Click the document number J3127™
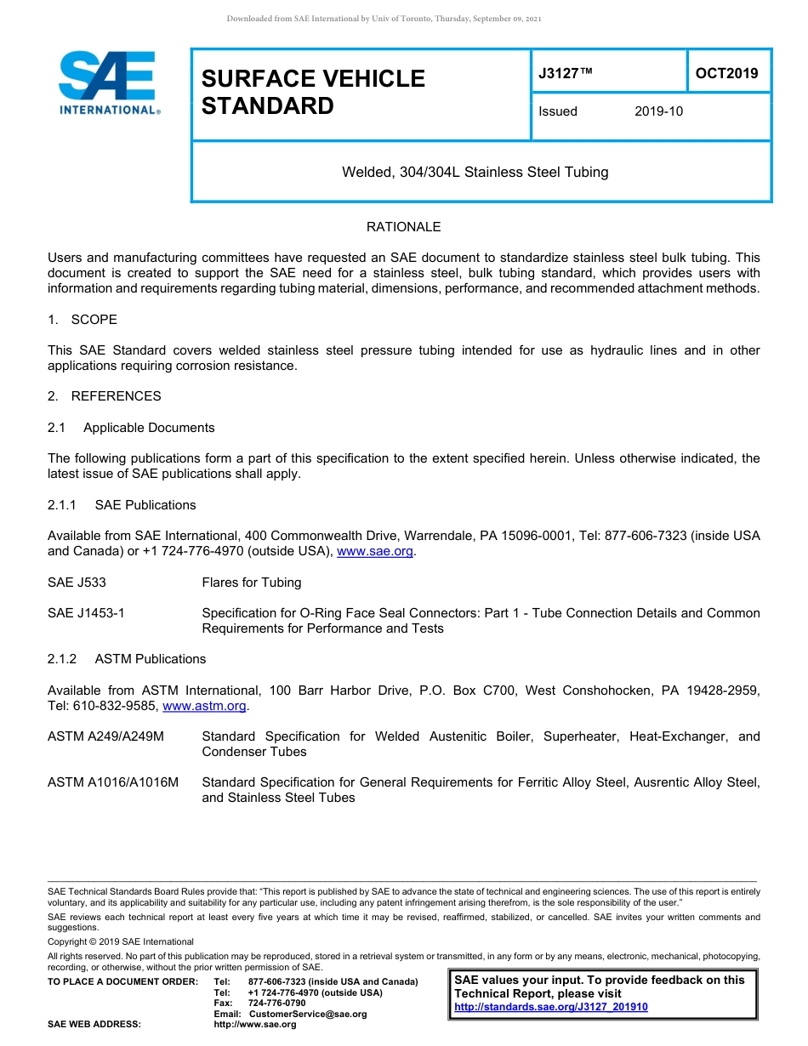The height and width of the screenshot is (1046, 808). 566,74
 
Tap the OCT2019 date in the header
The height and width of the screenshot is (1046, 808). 726,73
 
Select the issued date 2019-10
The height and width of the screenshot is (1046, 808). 658,111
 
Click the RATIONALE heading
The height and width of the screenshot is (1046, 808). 403,227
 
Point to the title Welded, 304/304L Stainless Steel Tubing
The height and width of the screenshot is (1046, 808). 475,172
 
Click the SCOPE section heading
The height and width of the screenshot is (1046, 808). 94,320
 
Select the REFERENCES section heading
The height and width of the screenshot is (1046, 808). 116,396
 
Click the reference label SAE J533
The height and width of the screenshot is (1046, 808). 77,583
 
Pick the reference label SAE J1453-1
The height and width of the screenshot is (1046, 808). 86,613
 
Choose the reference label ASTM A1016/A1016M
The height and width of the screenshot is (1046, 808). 113,782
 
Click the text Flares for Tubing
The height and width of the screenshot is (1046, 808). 251,583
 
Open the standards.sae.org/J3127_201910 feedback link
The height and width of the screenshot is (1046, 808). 551,1007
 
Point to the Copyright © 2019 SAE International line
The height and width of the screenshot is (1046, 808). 121,941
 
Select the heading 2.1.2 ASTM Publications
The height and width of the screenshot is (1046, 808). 127,659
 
